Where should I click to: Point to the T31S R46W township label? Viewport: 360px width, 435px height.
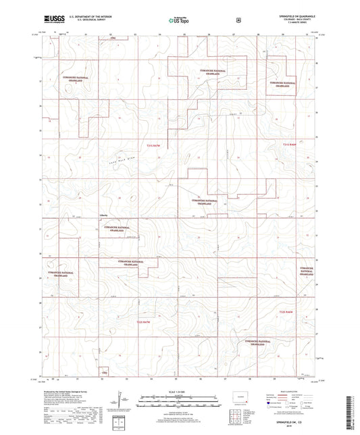[x=289, y=144]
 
